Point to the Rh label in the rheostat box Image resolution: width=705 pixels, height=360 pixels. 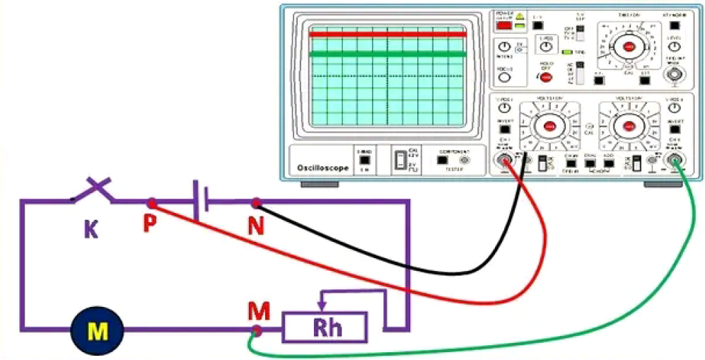(x=324, y=328)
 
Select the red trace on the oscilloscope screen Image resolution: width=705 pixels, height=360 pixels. (x=387, y=34)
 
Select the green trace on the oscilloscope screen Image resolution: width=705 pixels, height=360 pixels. (x=387, y=54)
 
